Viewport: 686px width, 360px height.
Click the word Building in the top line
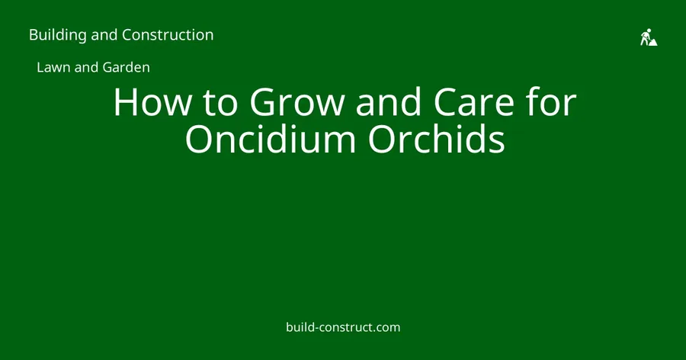(58, 35)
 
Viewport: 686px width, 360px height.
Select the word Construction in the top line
(168, 34)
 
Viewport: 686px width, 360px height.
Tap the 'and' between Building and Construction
(104, 34)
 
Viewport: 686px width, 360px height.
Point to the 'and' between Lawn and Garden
(87, 67)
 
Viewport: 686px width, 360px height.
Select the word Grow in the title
(297, 102)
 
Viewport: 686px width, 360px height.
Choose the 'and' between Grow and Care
(389, 102)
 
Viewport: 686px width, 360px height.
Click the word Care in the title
(474, 102)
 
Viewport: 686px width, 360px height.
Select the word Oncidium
(271, 139)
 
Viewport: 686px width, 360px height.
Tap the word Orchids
(437, 139)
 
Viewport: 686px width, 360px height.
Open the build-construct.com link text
(343, 327)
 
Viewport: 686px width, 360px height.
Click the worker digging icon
(649, 37)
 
